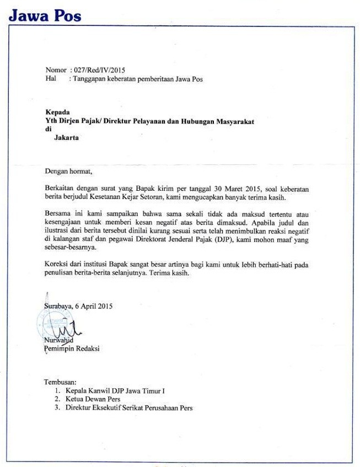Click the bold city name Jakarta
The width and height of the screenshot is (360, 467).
tap(67, 138)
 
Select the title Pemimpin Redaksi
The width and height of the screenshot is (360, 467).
tap(72, 348)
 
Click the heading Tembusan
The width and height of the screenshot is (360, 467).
tap(61, 382)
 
